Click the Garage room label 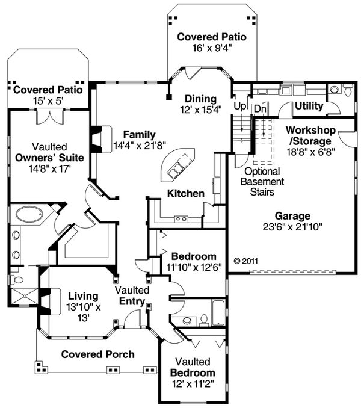coord(292,216)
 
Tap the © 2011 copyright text coord(245,261)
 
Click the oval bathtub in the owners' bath coord(27,214)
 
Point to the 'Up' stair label coord(239,106)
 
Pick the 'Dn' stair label coord(260,108)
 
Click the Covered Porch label coord(97,354)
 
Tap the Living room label coord(83,296)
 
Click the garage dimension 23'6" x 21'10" coord(292,227)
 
